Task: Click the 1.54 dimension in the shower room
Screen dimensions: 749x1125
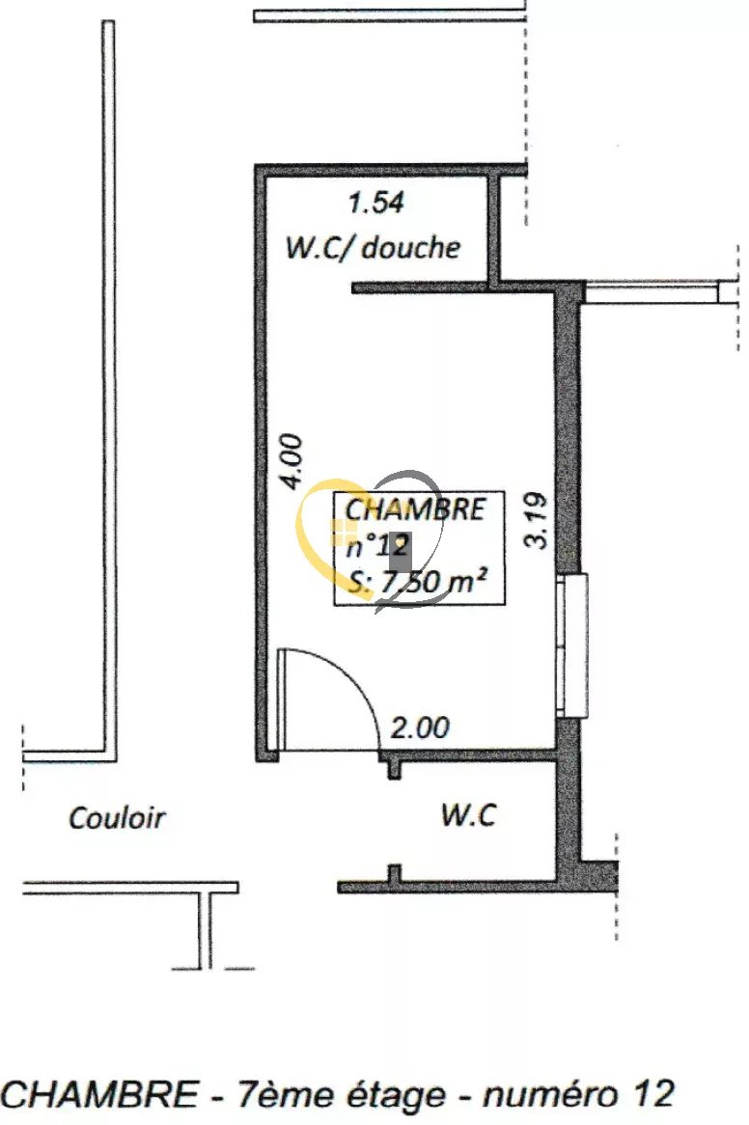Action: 375,203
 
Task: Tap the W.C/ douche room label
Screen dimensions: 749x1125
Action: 373,248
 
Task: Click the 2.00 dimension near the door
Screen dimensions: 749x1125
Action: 420,728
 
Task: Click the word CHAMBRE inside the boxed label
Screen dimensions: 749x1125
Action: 415,509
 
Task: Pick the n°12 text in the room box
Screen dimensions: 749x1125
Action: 377,546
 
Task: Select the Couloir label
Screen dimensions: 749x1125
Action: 117,818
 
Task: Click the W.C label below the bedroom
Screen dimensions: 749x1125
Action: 468,815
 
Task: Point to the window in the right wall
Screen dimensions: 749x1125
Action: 572,645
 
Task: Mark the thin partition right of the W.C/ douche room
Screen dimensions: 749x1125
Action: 493,228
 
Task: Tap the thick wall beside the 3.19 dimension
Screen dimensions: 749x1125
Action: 569,430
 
